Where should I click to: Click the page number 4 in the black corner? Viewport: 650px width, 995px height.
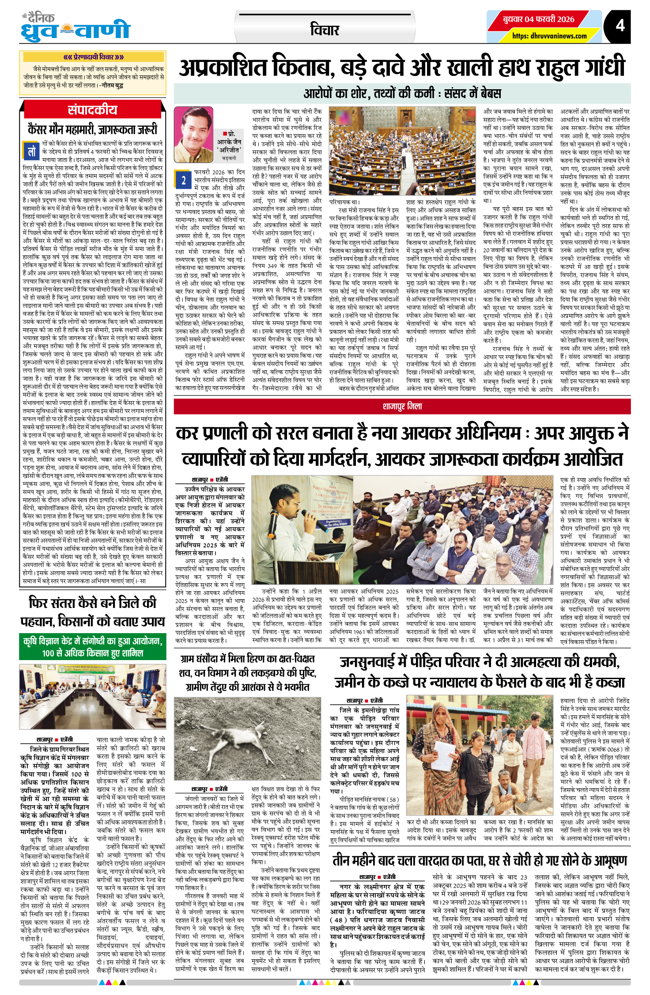coord(620,26)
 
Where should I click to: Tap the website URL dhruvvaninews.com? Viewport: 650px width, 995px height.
coord(549,36)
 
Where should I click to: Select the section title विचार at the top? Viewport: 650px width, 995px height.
coord(325,30)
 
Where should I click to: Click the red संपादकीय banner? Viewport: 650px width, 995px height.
coord(93,110)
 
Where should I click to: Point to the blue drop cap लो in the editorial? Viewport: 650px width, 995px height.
coord(31,152)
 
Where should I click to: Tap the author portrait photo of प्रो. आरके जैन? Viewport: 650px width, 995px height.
coord(193,134)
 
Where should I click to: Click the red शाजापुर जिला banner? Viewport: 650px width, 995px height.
coord(402,406)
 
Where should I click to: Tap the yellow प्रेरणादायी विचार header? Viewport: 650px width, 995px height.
coord(93,57)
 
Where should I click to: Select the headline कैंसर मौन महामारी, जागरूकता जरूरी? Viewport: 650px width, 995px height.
coord(93,129)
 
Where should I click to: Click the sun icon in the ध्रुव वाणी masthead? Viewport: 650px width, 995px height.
coord(67,31)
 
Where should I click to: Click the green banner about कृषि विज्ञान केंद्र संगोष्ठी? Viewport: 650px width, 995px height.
coord(93,646)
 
